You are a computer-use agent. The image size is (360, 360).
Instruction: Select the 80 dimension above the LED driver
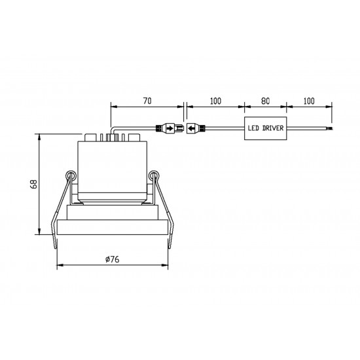point(266,102)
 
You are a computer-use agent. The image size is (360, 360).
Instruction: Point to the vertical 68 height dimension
point(33,184)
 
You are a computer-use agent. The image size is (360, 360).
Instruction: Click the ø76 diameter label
point(111,259)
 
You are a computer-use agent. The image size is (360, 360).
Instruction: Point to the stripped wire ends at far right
point(333,128)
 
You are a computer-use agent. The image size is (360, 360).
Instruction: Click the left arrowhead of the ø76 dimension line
point(60,266)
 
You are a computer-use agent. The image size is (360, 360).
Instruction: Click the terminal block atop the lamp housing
point(111,137)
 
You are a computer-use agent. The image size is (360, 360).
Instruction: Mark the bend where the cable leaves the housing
point(113,130)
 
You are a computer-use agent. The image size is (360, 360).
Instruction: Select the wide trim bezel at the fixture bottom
point(111,226)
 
